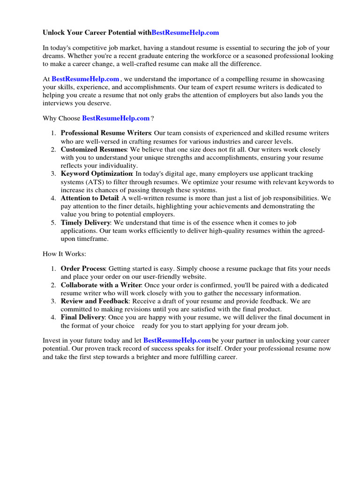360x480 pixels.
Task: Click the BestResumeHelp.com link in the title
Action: point(185,33)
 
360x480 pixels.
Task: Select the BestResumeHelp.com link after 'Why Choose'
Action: point(116,118)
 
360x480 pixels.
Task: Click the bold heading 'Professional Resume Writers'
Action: point(105,134)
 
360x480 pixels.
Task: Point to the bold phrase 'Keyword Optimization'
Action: point(97,174)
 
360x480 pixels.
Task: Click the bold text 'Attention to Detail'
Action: point(90,198)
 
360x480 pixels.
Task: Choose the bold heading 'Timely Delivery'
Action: point(86,223)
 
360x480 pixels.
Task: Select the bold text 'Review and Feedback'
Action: point(94,301)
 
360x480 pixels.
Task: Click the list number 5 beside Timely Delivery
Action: point(53,223)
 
